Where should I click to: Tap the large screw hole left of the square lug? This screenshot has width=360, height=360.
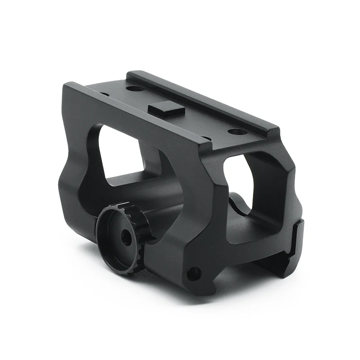click(x=135, y=88)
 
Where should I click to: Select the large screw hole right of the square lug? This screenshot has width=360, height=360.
click(x=238, y=131)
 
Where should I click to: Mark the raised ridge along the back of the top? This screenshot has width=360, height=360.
click(x=202, y=99)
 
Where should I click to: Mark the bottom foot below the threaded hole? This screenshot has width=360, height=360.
click(x=198, y=288)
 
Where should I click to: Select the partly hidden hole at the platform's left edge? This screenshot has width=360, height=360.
click(x=104, y=94)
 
